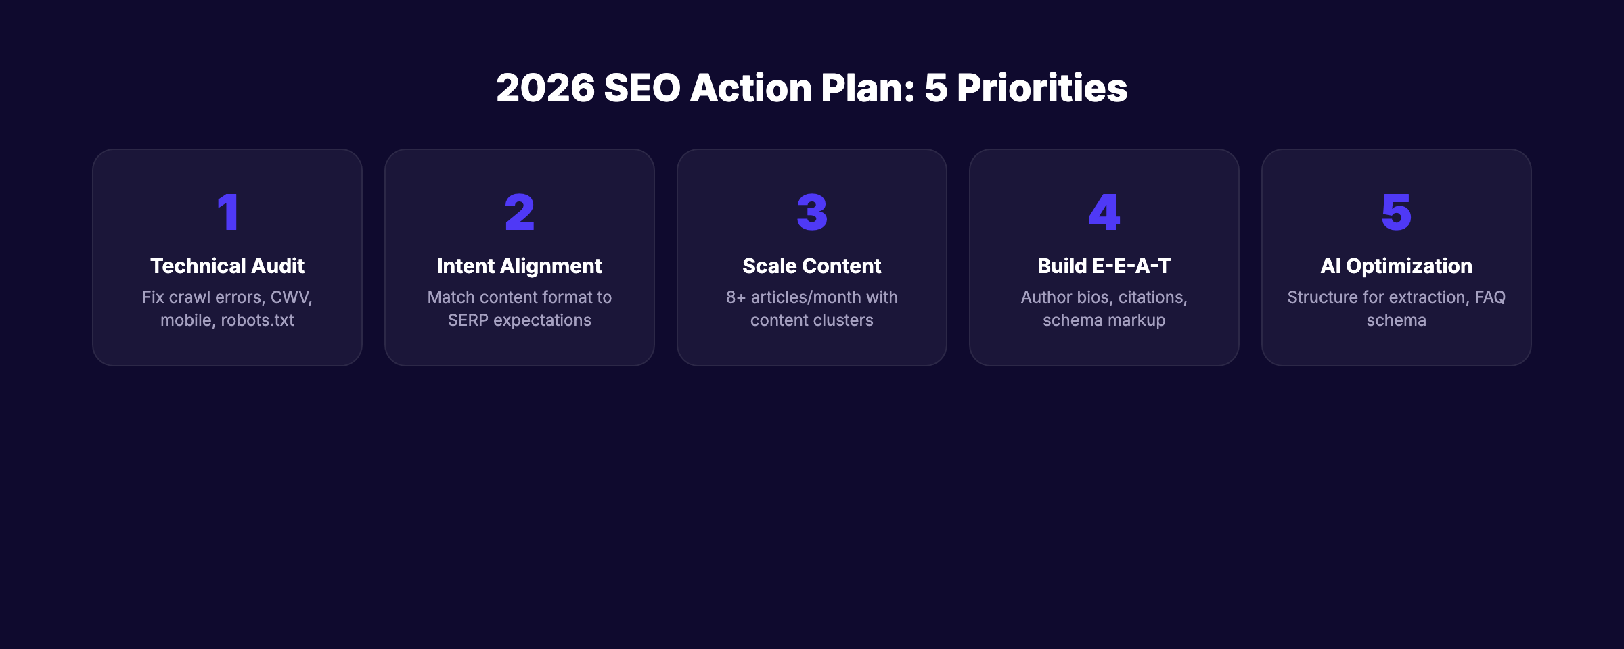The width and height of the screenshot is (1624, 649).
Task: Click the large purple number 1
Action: [x=228, y=212]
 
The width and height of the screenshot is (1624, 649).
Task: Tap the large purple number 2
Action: [x=520, y=212]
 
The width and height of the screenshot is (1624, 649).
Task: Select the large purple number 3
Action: [x=812, y=212]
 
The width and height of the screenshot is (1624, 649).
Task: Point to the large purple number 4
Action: [x=1104, y=212]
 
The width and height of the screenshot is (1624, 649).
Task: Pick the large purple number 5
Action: [x=1396, y=212]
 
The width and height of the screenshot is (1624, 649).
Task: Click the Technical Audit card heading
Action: [x=227, y=266]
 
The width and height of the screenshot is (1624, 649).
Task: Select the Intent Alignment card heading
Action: [x=520, y=266]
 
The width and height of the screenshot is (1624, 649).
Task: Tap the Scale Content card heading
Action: [x=812, y=266]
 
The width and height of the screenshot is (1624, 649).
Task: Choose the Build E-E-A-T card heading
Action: [x=1104, y=266]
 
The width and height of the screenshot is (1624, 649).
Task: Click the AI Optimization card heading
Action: [x=1396, y=266]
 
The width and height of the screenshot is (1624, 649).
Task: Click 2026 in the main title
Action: [x=545, y=89]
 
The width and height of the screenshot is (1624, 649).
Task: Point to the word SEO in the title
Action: [x=641, y=89]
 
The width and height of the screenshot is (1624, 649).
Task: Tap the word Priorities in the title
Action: [x=1042, y=89]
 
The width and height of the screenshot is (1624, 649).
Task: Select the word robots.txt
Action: [x=258, y=320]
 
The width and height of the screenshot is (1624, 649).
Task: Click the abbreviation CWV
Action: [x=290, y=297]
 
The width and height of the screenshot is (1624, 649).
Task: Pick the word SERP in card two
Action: [x=468, y=320]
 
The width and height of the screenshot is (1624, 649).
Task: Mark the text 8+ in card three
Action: [x=736, y=297]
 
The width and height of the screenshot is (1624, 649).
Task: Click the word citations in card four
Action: [x=1152, y=297]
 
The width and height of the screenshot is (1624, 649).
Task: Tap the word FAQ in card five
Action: [x=1490, y=297]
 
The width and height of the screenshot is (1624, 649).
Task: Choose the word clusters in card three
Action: [x=842, y=320]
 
